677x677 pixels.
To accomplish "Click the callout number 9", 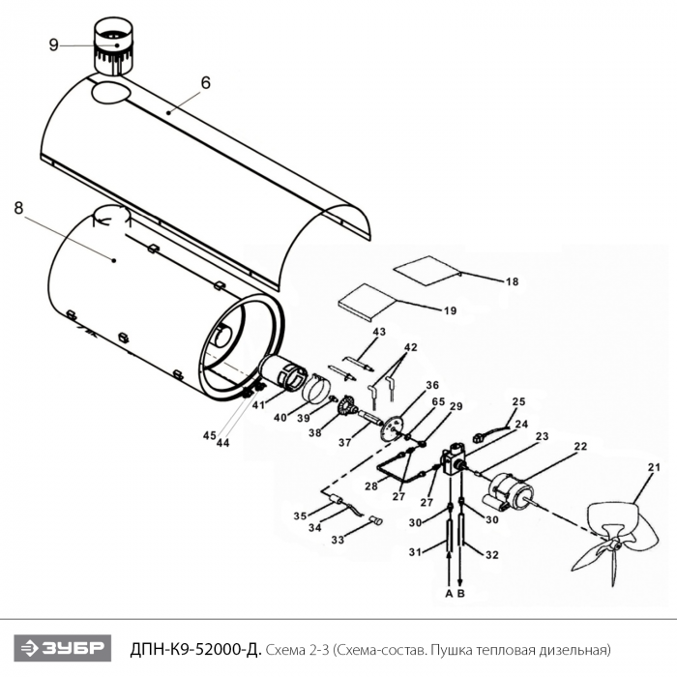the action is click(53, 44).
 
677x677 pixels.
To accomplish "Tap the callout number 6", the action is click(205, 82).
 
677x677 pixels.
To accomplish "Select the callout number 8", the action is click(18, 208).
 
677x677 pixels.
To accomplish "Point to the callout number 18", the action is click(512, 281).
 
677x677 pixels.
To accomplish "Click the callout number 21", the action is click(654, 467).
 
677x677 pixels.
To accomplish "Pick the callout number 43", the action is click(379, 332).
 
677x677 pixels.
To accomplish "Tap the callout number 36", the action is click(432, 385).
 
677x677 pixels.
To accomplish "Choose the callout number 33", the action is click(338, 540).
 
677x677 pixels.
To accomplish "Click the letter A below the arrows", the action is click(449, 594).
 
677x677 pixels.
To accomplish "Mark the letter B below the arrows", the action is click(461, 594).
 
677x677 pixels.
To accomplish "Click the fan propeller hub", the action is click(615, 545).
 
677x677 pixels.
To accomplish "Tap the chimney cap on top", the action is click(114, 46).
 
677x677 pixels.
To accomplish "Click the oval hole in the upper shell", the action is click(111, 93).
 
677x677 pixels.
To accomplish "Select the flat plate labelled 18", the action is click(427, 271).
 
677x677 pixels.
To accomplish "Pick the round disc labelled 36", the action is click(392, 427).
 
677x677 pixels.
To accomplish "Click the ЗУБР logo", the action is click(63, 648).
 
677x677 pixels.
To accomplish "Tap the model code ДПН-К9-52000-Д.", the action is click(195, 649).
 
